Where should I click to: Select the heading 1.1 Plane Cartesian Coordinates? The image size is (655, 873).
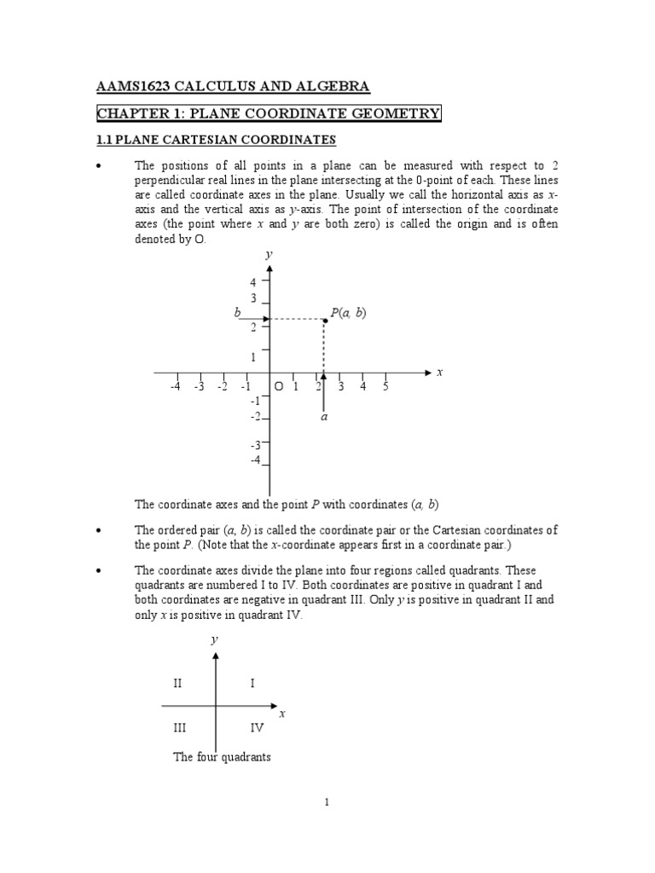(x=216, y=139)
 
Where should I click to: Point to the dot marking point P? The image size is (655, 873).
(x=325, y=320)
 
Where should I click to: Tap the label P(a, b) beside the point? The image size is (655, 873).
(x=348, y=313)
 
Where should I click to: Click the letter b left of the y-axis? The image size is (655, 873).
(x=238, y=313)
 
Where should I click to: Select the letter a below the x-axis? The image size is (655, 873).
(x=324, y=418)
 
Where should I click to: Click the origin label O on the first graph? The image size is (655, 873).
(x=278, y=387)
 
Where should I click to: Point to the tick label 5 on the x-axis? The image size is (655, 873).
(x=385, y=387)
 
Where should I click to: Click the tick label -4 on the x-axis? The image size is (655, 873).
(x=175, y=387)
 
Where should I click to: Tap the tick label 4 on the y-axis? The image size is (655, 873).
(x=252, y=282)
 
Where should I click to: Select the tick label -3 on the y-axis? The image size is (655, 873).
(x=254, y=445)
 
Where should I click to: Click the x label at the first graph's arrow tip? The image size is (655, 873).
(x=440, y=373)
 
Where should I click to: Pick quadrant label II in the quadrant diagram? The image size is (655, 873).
(x=177, y=683)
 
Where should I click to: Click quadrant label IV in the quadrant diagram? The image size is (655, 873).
(x=257, y=727)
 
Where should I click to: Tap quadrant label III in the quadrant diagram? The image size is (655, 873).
(x=179, y=727)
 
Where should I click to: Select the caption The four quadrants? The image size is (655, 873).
(x=222, y=756)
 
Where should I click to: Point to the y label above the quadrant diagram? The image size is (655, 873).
(x=215, y=639)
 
